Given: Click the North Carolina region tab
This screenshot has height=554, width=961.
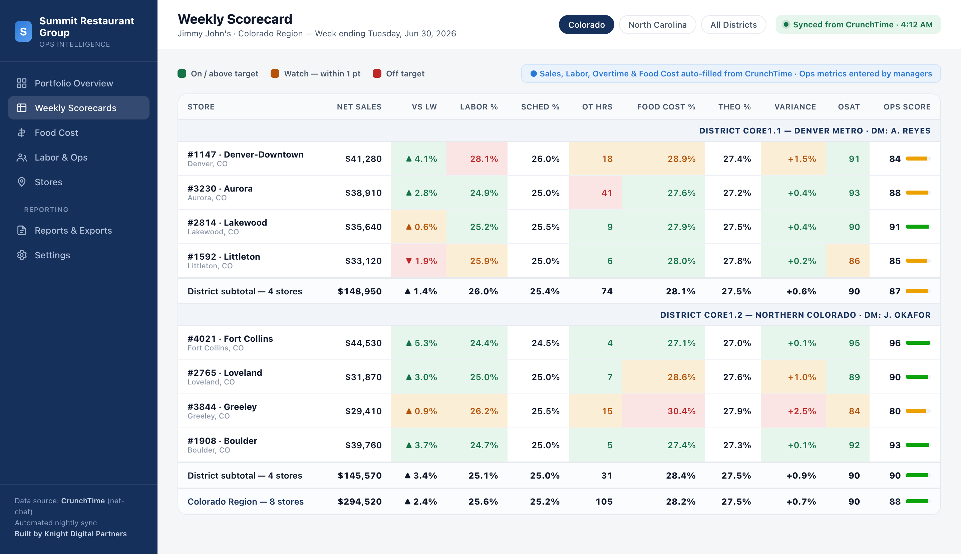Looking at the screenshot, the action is coord(657,25).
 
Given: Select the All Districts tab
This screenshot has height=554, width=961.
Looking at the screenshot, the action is coord(733,25).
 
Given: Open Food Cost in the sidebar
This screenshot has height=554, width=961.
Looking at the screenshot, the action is coord(56,133).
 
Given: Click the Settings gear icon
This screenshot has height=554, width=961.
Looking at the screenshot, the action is coord(22,255).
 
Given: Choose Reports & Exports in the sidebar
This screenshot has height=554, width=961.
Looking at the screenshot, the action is coord(73,231).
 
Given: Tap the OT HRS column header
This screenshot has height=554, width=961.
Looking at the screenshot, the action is coord(597,107).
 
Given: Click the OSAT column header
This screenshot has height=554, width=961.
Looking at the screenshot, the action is coord(849,107).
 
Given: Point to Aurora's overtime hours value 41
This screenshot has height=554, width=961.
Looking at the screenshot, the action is coord(607,193).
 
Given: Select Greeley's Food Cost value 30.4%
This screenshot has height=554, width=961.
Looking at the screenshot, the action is coord(681,411).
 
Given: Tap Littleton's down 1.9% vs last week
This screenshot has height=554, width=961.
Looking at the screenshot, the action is coord(421,261).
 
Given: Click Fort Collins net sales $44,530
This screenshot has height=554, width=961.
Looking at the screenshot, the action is coord(363,343).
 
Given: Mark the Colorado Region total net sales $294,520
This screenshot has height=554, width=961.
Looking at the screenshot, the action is coord(359,502).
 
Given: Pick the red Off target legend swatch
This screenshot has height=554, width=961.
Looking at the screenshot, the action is coord(377,73).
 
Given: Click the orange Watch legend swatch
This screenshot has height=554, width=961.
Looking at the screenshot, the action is coord(275,73).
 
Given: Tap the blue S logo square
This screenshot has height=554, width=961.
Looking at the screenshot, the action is coord(23,32).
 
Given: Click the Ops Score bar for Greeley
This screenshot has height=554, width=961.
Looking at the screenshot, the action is coord(918,411).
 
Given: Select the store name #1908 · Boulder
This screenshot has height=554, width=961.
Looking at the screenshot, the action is coord(222,441).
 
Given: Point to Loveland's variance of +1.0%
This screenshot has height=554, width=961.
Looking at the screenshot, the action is coord(802,377).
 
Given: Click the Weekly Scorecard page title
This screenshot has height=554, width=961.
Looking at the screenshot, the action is coord(235,19).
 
